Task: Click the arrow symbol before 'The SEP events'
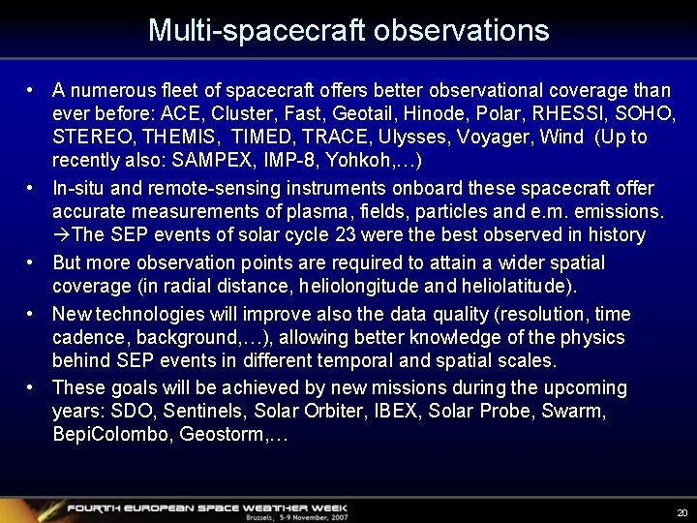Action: pos(61,235)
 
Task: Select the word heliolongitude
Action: pos(353,287)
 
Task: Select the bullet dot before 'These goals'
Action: pos(32,388)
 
